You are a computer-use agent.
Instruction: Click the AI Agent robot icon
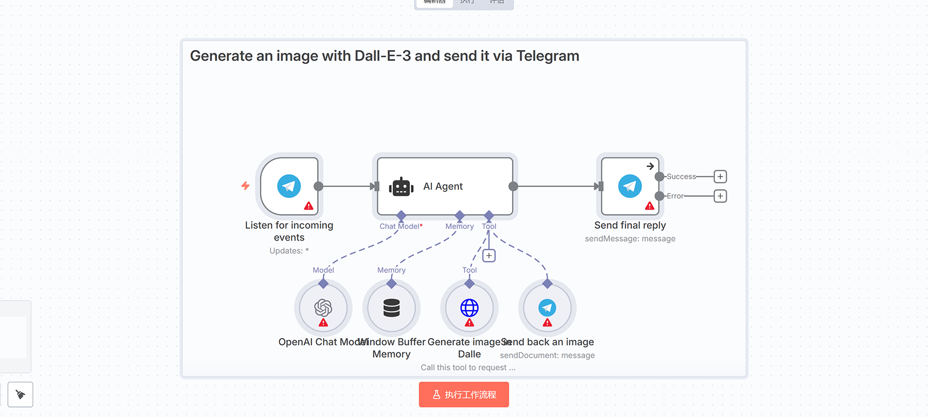(401, 187)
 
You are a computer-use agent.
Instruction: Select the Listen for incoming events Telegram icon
(289, 186)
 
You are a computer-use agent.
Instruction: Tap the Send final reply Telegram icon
(630, 186)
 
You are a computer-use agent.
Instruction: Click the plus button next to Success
(720, 177)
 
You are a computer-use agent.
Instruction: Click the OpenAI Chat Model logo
(323, 307)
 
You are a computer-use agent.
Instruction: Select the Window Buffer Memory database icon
(392, 308)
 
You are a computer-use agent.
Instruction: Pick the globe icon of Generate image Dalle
(470, 307)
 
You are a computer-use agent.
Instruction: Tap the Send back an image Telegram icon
(547, 307)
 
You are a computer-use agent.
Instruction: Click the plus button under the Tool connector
(489, 255)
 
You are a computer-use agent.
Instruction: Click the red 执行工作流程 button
(464, 395)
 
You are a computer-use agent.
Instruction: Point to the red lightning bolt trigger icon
(245, 186)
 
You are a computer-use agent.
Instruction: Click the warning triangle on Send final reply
(650, 206)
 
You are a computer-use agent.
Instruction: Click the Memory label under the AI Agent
(460, 226)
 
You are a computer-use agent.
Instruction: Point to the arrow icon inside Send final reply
(650, 166)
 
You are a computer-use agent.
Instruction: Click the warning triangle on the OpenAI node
(324, 323)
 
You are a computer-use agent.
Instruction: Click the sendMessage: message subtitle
(630, 239)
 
